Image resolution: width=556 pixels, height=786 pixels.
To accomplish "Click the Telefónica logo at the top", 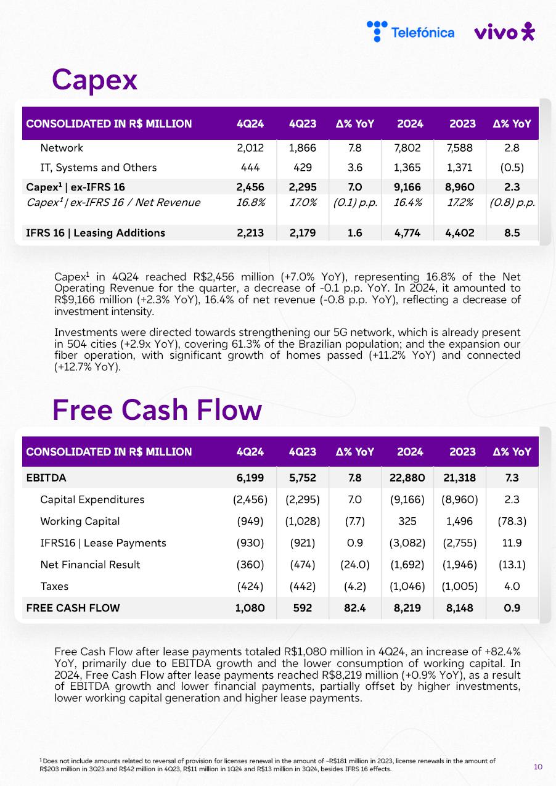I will click(x=411, y=31).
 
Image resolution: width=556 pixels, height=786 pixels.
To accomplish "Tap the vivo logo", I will click(x=504, y=31).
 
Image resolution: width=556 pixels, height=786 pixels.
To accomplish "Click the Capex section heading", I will click(x=94, y=80).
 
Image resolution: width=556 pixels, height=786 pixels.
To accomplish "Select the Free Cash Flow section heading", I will click(x=157, y=410).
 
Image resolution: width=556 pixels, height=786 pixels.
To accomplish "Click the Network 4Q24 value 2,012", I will click(x=250, y=148).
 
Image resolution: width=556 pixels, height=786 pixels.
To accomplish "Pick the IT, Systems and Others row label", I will click(x=98, y=168).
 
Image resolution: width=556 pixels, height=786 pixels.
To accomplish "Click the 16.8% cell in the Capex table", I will click(x=250, y=202).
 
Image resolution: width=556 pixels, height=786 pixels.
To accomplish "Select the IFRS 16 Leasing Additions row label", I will click(x=96, y=233).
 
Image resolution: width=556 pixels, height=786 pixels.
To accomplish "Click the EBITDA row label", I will click(x=46, y=478).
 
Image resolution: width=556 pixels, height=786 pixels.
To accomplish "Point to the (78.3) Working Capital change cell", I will click(x=512, y=522).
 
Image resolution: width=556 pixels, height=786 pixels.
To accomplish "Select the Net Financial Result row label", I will click(x=90, y=565).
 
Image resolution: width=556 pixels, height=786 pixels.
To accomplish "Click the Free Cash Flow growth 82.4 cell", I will click(x=355, y=608).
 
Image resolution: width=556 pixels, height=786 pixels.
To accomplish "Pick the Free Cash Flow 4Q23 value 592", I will click(x=302, y=608).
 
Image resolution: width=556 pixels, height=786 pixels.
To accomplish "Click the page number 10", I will click(x=538, y=767).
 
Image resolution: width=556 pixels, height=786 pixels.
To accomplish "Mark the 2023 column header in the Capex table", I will click(x=462, y=124).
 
